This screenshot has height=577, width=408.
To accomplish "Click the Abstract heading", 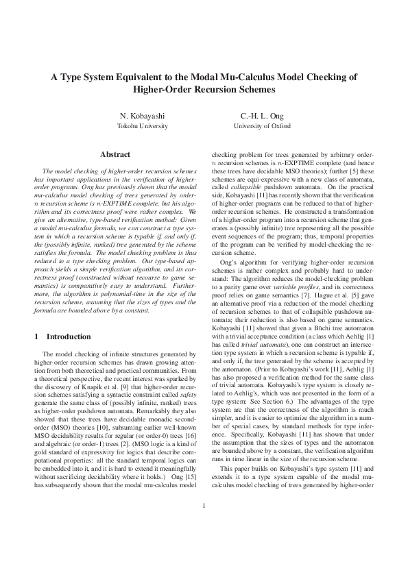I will click(x=115, y=155).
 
